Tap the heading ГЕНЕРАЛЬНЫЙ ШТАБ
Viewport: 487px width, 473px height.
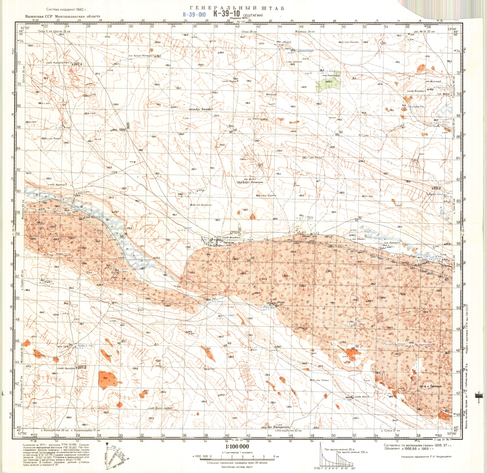(237, 7)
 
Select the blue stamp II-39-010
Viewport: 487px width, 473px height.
(195, 14)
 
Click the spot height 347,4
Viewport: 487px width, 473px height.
(78, 64)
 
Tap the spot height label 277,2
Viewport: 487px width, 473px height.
(82, 368)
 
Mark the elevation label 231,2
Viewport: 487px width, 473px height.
(437, 188)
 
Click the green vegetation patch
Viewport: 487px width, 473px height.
(329, 84)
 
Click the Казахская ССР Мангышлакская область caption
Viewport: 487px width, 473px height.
(62, 17)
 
